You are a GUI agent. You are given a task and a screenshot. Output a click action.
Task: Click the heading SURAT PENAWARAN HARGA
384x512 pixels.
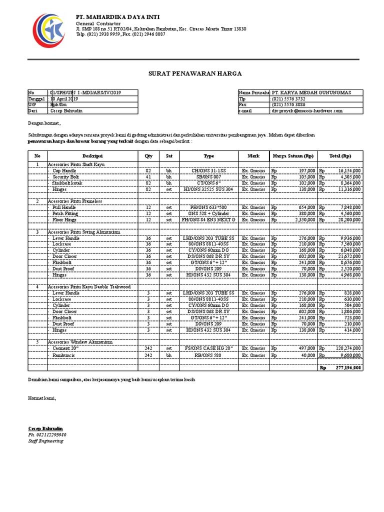[x=195, y=73]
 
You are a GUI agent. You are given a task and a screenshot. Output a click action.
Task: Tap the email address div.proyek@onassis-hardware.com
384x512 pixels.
[x=307, y=111]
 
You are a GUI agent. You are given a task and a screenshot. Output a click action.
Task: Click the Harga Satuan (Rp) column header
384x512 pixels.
[x=292, y=156]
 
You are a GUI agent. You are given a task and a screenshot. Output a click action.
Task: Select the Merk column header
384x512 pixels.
[x=253, y=156]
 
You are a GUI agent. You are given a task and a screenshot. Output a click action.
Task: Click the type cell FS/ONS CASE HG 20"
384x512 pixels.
[x=209, y=348]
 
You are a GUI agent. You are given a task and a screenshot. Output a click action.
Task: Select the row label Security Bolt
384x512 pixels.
[x=66, y=177]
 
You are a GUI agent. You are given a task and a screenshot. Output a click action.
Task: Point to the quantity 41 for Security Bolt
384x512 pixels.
[x=148, y=177]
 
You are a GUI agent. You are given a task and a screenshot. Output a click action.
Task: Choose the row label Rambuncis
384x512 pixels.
[x=64, y=355]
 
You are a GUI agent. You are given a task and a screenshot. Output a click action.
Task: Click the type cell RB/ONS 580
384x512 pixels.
[x=209, y=355]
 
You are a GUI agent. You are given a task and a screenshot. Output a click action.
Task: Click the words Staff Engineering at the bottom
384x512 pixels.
[x=45, y=441]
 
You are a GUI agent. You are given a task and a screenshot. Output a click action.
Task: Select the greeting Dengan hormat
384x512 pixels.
[x=44, y=123]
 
